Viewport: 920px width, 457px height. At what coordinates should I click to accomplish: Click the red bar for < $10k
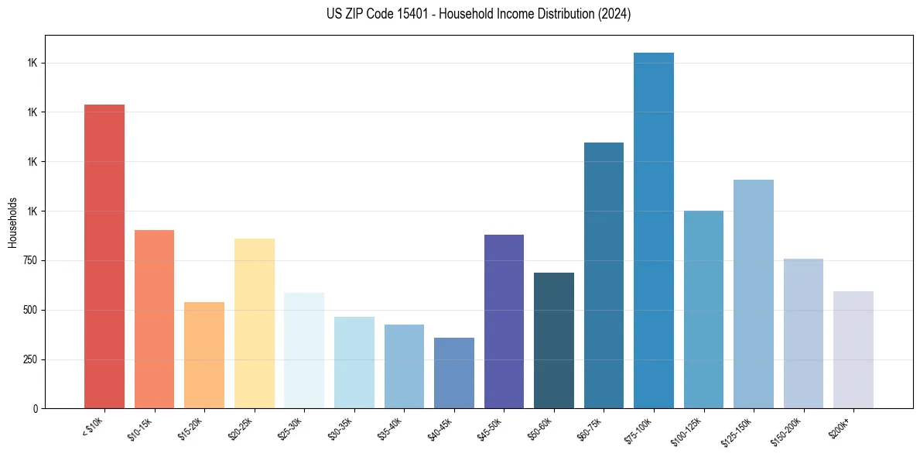(104, 256)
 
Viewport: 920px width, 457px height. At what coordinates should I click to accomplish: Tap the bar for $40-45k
(454, 373)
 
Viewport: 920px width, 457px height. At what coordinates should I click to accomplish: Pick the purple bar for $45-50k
(504, 321)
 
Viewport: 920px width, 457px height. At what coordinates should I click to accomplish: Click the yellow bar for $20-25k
(255, 323)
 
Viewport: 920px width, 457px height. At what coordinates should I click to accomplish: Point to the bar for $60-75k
(604, 275)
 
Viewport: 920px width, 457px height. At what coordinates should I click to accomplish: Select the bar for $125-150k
(754, 294)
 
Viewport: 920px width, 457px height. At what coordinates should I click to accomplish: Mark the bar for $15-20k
(204, 355)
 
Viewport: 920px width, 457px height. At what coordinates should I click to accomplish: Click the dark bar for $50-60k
(554, 340)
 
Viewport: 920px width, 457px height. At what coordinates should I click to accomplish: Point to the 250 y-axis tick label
(29, 360)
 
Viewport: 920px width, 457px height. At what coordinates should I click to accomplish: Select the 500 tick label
(29, 311)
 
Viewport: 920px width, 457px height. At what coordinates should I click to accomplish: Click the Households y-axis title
(12, 222)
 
